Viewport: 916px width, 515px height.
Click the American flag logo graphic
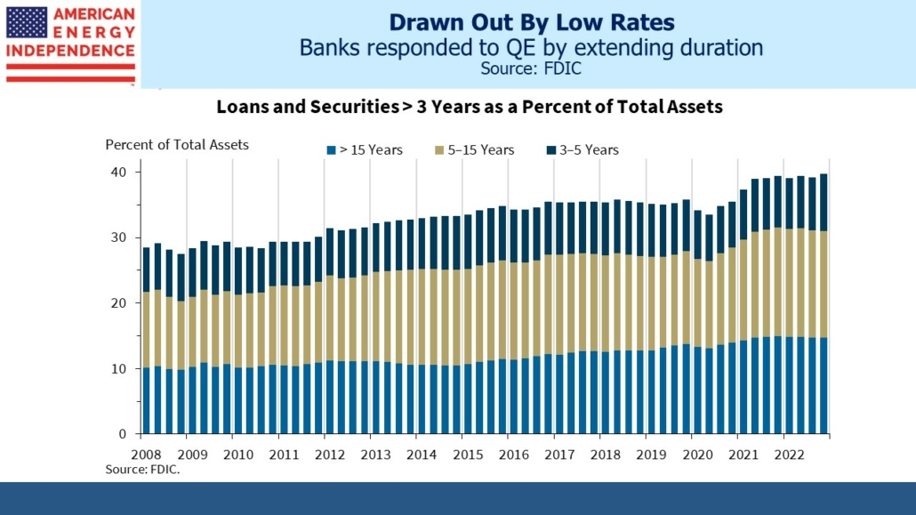tap(27, 22)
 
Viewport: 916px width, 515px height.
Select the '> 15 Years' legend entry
tap(365, 149)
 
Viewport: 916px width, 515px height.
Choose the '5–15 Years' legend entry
tap(476, 149)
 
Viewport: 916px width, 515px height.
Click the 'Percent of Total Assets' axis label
tap(177, 144)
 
